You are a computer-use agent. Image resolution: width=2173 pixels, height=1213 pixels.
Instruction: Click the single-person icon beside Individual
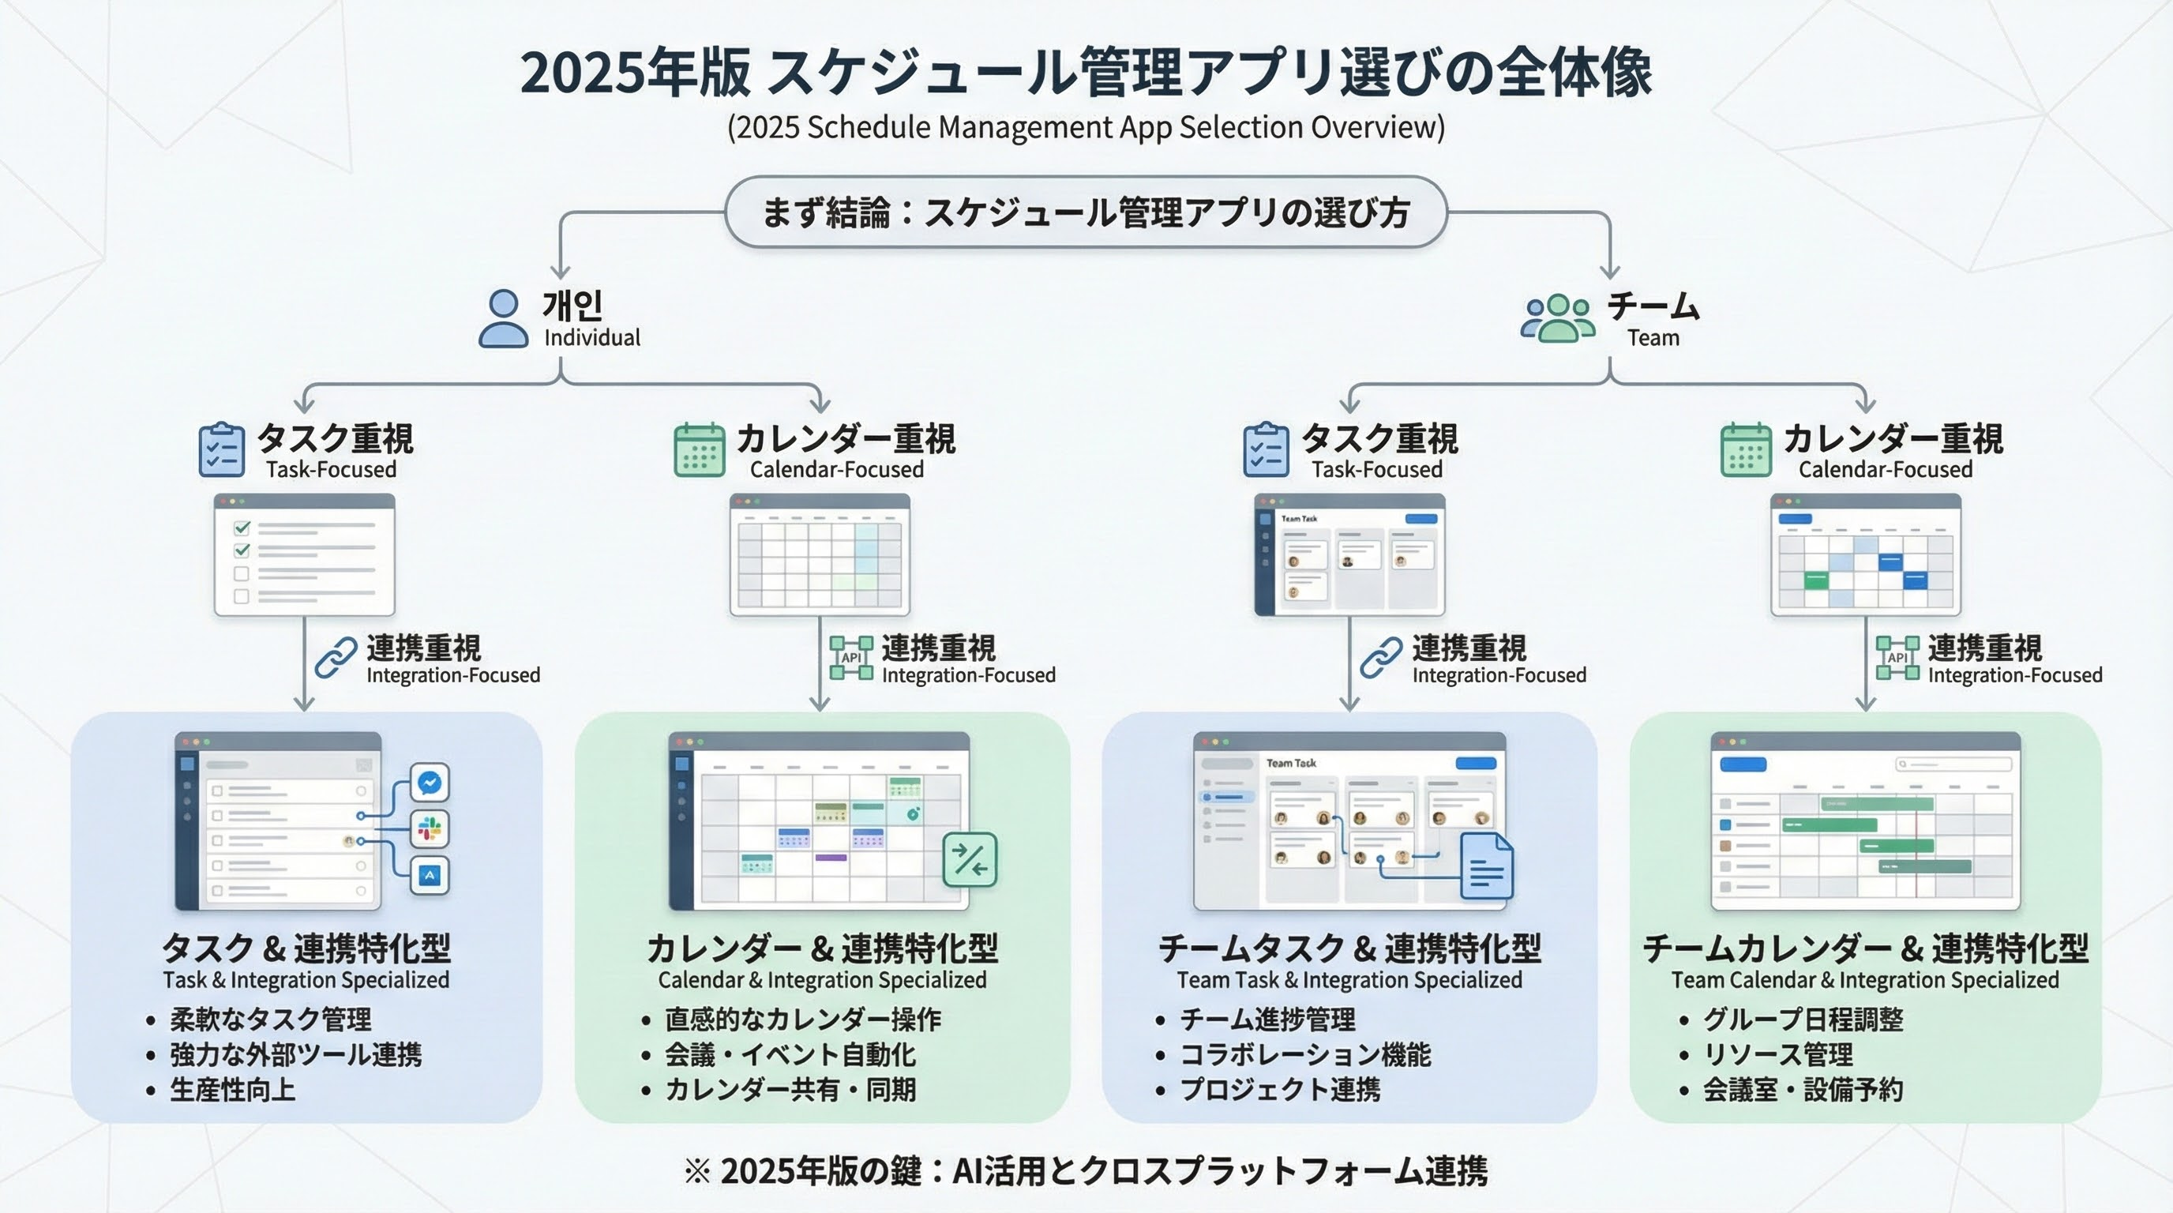[504, 319]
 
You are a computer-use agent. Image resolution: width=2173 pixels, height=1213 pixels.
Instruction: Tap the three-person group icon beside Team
[1557, 319]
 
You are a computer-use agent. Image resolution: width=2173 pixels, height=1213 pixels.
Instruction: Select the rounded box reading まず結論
[1086, 212]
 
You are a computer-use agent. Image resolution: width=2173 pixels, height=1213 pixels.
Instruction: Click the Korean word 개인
[572, 306]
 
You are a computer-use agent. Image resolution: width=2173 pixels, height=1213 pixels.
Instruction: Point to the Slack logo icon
[430, 829]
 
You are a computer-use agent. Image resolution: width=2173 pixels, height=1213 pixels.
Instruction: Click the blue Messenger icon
[430, 783]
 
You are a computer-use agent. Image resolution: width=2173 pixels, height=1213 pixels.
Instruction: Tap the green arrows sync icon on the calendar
[970, 859]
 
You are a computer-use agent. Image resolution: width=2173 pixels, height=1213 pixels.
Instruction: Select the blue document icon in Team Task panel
[1486, 866]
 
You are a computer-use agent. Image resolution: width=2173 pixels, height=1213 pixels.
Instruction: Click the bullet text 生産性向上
[233, 1090]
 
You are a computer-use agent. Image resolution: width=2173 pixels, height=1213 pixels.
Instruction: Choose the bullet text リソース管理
[1778, 1054]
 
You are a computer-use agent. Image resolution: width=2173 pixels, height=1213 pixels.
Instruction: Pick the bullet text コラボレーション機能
[1306, 1054]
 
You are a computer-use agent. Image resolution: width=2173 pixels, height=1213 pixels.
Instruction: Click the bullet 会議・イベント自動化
[790, 1054]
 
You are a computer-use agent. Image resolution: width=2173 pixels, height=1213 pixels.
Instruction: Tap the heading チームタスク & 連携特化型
[1349, 949]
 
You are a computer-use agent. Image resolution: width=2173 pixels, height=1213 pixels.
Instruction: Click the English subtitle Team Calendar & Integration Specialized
[1865, 980]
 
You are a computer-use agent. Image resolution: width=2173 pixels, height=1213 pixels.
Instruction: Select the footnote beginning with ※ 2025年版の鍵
[1086, 1171]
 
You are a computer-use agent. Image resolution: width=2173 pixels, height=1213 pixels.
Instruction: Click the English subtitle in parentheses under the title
[1086, 127]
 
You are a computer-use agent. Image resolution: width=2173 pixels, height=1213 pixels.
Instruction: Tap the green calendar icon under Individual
[700, 450]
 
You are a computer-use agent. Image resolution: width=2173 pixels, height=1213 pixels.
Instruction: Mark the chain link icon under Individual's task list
[336, 659]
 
